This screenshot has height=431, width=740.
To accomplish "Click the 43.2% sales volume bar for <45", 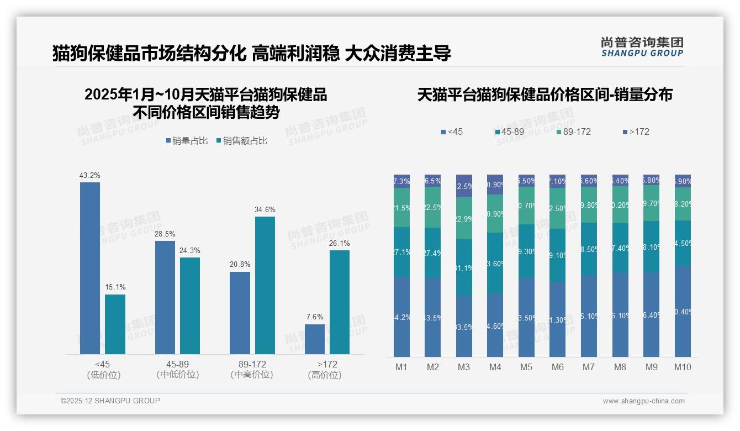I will point(90,268).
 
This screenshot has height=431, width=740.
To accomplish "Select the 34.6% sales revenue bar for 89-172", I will point(265,285).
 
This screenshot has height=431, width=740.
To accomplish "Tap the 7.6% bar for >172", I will point(315,339).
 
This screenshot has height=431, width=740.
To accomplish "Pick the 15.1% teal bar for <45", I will point(115,324).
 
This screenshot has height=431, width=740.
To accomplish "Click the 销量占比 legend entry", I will point(187,141).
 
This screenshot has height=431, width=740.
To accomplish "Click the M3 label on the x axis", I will point(464,367).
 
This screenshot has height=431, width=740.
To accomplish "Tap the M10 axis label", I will point(683,367).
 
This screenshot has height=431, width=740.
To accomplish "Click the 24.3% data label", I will point(190,250).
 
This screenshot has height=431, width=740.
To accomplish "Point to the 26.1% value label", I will point(340,243).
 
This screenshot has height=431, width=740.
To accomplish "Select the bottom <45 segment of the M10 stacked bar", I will point(683,311).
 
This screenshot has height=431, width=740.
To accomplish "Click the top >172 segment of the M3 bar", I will point(464,186).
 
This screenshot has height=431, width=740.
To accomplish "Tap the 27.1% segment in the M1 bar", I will point(401,252).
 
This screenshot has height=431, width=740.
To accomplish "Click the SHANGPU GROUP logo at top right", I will point(642,47).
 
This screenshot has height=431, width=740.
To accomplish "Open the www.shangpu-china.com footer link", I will point(643,401).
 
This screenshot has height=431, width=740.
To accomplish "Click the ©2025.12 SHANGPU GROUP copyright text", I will point(110,401).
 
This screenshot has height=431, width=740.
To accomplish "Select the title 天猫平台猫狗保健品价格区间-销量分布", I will point(545,94).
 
